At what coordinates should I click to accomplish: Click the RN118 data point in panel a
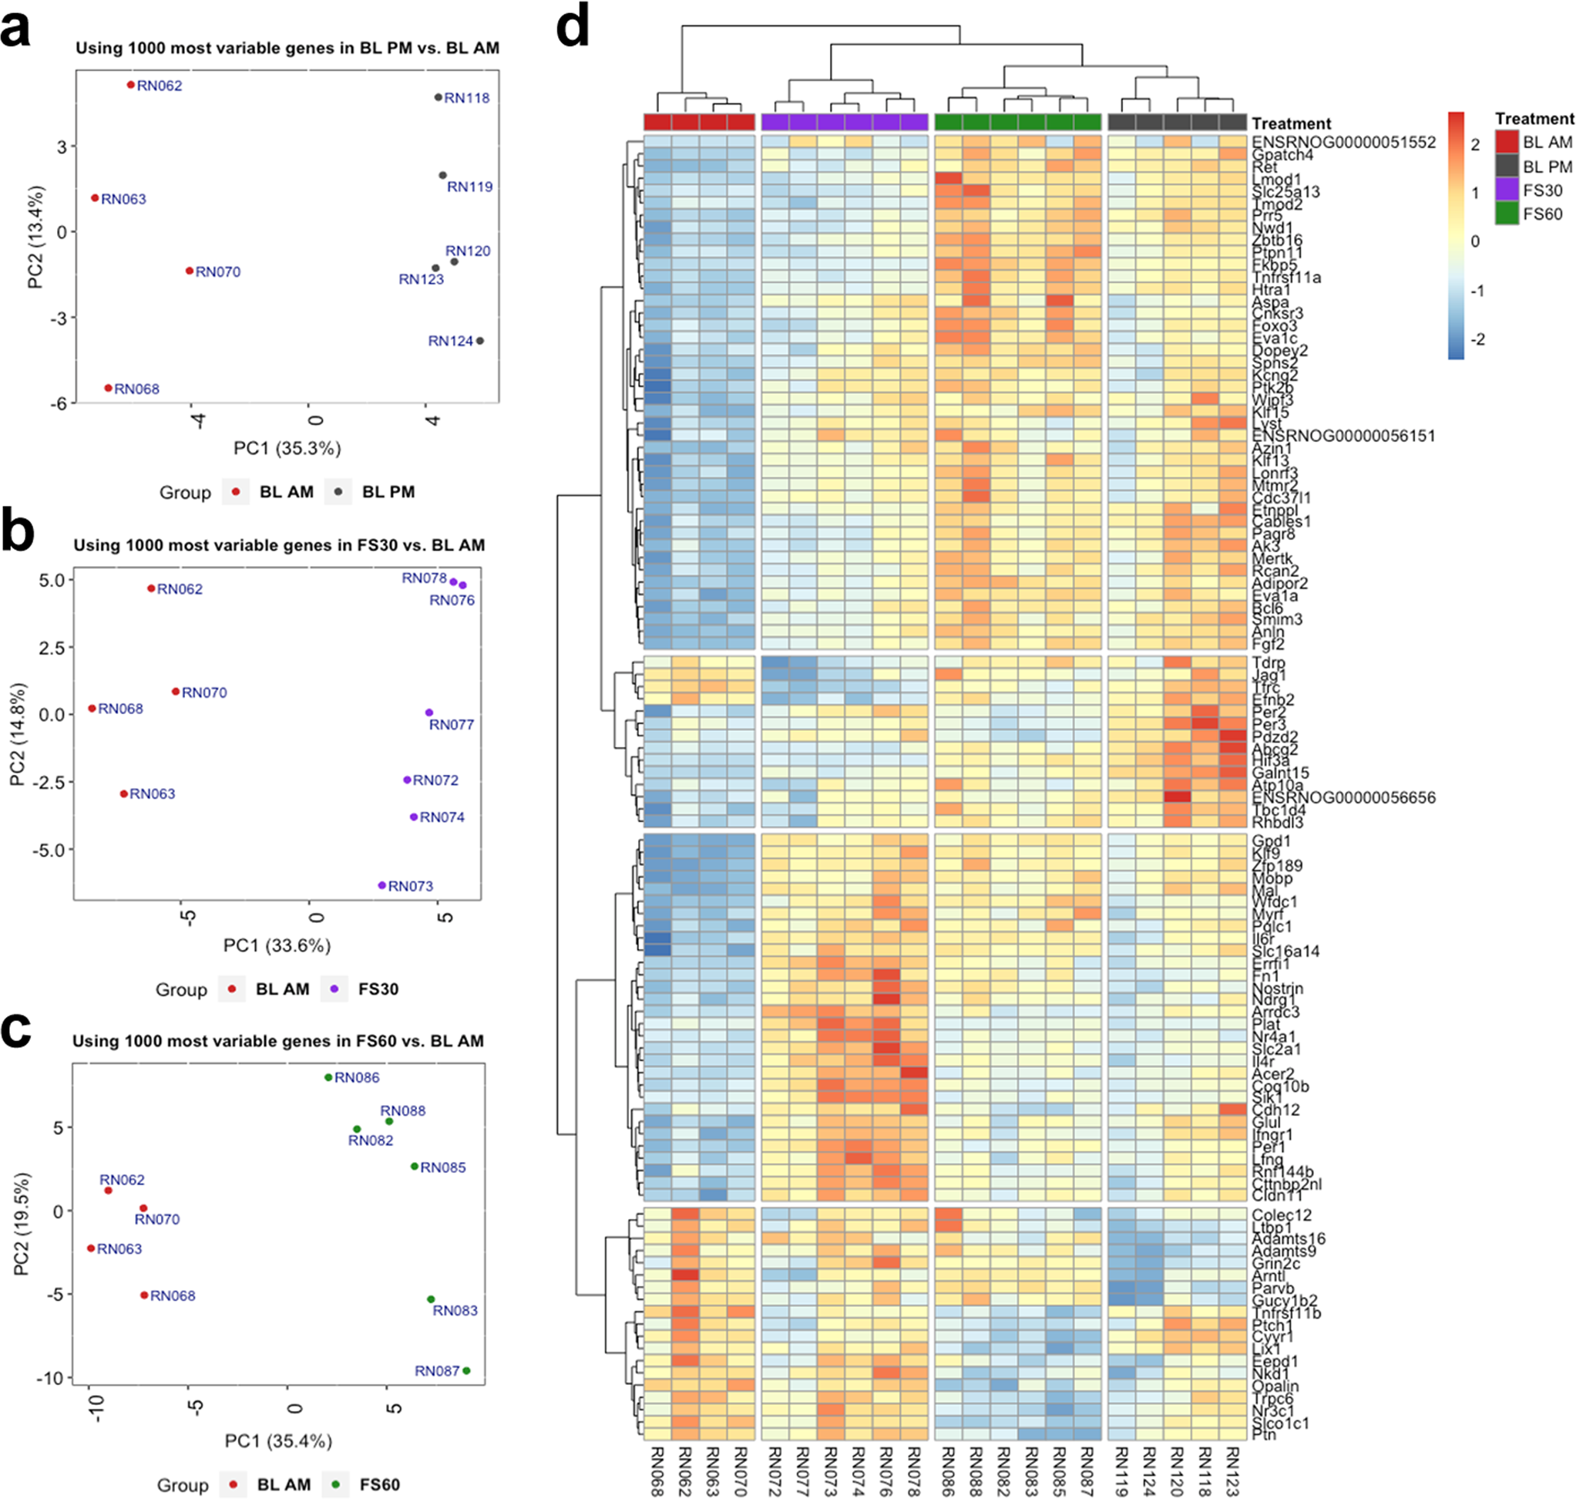[x=438, y=97]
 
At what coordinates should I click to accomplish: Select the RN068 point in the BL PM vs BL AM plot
[x=109, y=389]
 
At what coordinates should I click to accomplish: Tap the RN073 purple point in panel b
[x=381, y=885]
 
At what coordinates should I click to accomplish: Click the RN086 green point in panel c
[x=328, y=1078]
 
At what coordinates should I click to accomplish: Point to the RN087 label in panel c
[x=437, y=1371]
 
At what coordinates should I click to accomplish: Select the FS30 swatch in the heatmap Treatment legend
[x=1507, y=190]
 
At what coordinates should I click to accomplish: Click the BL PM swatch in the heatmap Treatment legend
[x=1507, y=167]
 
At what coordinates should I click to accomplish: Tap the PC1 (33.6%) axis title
[x=277, y=945]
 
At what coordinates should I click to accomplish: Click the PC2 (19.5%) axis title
[x=22, y=1224]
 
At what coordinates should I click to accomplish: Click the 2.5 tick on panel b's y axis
[x=51, y=647]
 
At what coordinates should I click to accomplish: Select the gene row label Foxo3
[x=1274, y=326]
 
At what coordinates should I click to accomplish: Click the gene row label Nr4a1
[x=1275, y=1037]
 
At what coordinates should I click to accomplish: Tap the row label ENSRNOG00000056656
[x=1342, y=797]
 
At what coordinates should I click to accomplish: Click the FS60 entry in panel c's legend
[x=378, y=1484]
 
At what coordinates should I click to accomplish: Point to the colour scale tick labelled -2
[x=1478, y=339]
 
